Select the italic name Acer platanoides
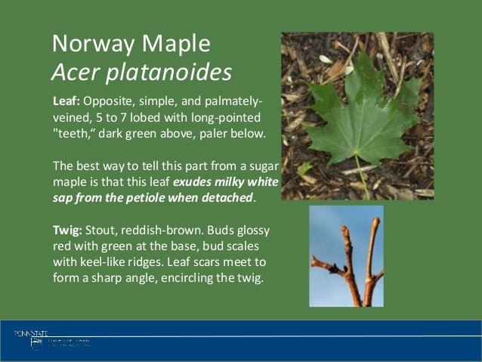point(141,73)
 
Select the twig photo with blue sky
point(346,255)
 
